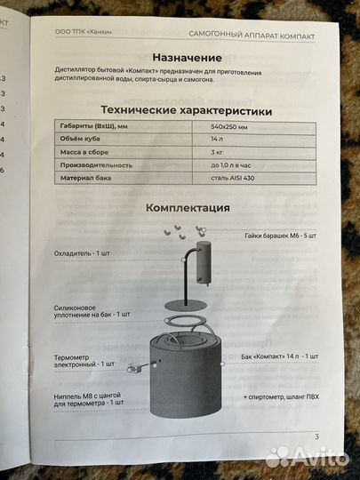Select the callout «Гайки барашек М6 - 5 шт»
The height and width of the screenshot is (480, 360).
click(277, 236)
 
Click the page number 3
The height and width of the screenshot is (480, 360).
click(316, 436)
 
